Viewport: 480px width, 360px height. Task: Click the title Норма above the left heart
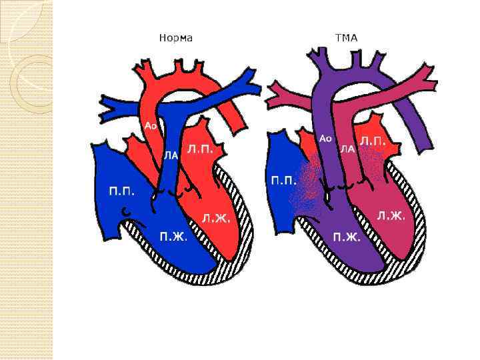click(176, 38)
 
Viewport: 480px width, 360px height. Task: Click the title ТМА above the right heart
click(346, 38)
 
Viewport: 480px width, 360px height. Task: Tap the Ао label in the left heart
click(150, 126)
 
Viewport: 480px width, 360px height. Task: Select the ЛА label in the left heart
click(171, 155)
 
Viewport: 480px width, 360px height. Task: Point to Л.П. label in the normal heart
click(200, 149)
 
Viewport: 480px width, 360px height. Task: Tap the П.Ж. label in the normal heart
click(173, 235)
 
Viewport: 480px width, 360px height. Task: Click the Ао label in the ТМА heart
click(325, 139)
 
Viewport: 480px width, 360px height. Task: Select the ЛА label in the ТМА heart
click(347, 149)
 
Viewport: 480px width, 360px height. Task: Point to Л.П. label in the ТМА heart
click(373, 141)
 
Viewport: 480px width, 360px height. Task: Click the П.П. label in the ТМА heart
click(283, 180)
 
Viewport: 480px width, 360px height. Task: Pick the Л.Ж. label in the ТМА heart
click(391, 215)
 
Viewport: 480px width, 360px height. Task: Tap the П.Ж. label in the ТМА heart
click(347, 236)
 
